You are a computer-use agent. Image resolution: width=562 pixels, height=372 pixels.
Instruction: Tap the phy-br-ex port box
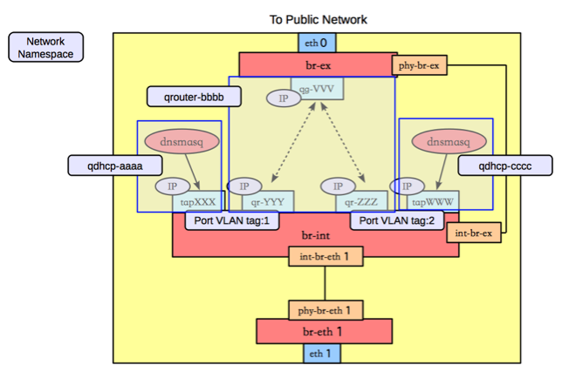tap(419, 66)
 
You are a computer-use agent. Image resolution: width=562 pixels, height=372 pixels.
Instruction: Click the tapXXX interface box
tap(198, 201)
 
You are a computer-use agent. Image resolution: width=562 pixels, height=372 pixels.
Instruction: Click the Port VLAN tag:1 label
tap(232, 220)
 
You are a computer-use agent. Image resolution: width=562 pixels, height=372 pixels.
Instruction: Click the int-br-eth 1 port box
tap(325, 257)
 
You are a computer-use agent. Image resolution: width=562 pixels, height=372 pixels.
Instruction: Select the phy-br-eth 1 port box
tap(325, 310)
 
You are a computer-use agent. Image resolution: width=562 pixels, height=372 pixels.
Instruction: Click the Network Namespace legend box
tap(45, 47)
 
